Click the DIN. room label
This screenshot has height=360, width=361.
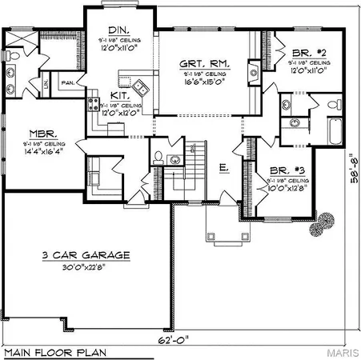click(x=119, y=28)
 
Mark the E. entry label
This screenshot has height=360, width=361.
click(x=225, y=167)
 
